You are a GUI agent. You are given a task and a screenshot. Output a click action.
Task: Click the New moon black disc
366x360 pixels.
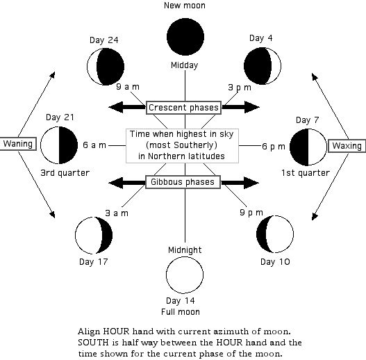185,37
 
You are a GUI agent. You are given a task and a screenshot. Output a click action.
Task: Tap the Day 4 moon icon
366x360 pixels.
263,66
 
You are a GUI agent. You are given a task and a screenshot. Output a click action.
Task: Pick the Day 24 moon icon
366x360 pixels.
106,67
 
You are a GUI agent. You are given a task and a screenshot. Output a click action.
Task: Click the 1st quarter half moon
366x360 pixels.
308,147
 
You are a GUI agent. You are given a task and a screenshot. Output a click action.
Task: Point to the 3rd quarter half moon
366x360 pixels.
59,145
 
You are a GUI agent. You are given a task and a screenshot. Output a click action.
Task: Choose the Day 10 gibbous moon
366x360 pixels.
275,234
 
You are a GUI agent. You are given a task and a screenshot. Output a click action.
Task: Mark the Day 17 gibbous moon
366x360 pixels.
94,235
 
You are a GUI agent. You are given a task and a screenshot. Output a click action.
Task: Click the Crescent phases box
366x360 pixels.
183,108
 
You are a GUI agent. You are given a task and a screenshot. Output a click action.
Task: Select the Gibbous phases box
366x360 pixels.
183,182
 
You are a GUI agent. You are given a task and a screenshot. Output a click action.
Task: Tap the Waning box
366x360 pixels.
18,144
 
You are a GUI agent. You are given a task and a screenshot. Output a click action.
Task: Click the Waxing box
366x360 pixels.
347,146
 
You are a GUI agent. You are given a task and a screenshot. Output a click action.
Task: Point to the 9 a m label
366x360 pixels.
128,87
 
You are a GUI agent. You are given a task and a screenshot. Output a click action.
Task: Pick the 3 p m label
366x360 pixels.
240,88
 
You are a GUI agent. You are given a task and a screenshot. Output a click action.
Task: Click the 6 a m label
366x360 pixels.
94,145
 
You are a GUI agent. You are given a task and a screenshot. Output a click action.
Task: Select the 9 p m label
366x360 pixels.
251,213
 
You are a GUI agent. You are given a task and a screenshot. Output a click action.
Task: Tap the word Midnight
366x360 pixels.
185,250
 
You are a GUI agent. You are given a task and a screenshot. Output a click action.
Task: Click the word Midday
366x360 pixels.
185,65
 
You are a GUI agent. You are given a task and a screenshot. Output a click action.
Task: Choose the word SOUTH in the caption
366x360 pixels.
93,343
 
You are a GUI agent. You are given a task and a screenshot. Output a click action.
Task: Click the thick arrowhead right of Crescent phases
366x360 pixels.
252,107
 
